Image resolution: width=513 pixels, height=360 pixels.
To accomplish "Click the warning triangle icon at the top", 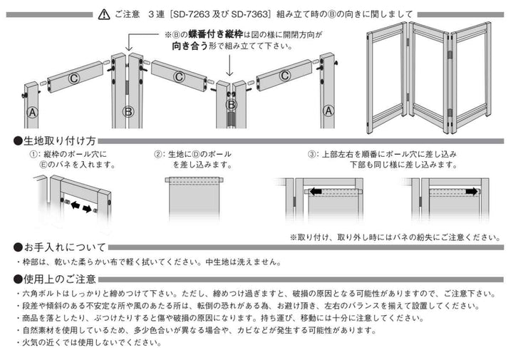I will coord(103,14).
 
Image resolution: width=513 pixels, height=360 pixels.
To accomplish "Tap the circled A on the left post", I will coord(32,112).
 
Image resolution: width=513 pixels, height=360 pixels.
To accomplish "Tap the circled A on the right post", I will coord(328,110).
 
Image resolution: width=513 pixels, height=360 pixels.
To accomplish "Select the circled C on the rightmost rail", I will coord(284,75).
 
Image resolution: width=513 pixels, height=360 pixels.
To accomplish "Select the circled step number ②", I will coord(160,154).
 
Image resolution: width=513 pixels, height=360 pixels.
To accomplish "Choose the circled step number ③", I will coord(312,154).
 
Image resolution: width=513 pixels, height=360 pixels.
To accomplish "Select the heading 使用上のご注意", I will coord(60,279).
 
